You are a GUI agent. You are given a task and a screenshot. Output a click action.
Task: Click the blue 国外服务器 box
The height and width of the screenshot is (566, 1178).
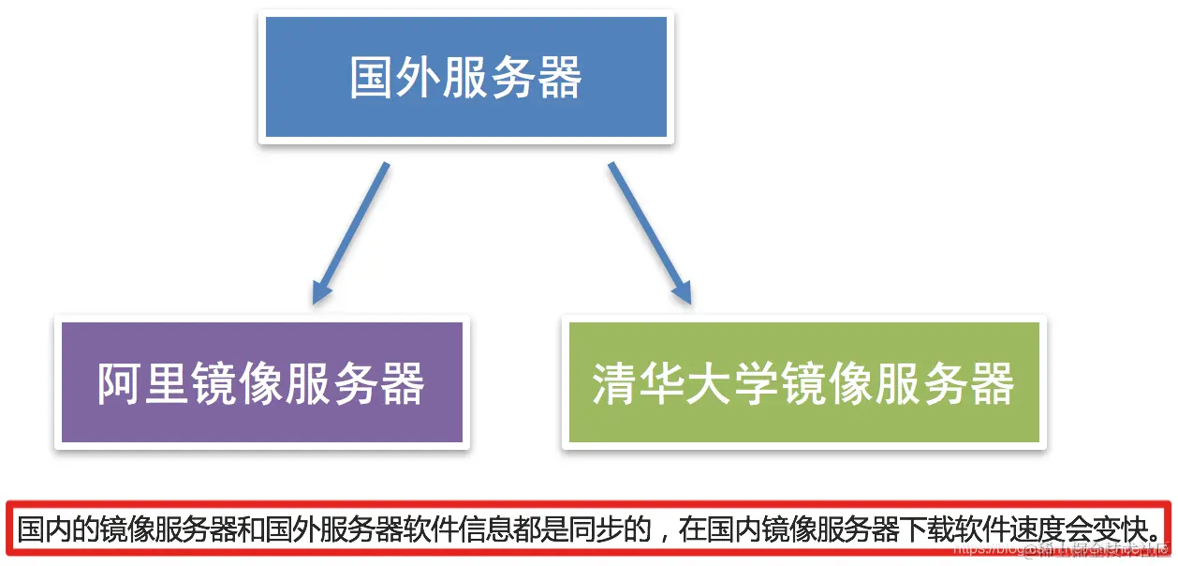(465, 78)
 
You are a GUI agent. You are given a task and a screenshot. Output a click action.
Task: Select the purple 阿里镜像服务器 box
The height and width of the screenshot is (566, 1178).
(261, 382)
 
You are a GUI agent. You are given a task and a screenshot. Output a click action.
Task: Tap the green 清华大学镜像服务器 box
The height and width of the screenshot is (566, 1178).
(803, 382)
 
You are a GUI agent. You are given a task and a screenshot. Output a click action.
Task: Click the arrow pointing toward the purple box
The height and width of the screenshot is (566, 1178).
(349, 234)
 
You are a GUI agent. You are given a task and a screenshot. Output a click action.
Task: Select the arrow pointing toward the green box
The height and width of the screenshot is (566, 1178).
(650, 234)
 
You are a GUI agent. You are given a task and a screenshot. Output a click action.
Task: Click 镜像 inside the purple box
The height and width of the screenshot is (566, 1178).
(238, 383)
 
